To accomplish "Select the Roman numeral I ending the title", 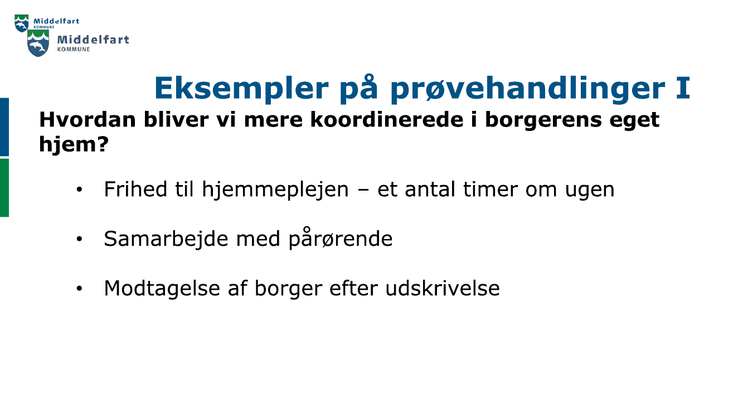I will point(683,87).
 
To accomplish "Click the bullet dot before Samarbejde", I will point(80,240).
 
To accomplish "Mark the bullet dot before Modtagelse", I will point(80,289).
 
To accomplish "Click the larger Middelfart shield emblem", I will point(38,43).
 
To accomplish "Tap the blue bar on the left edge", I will point(4,127).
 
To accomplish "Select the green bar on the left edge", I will point(4,187).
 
